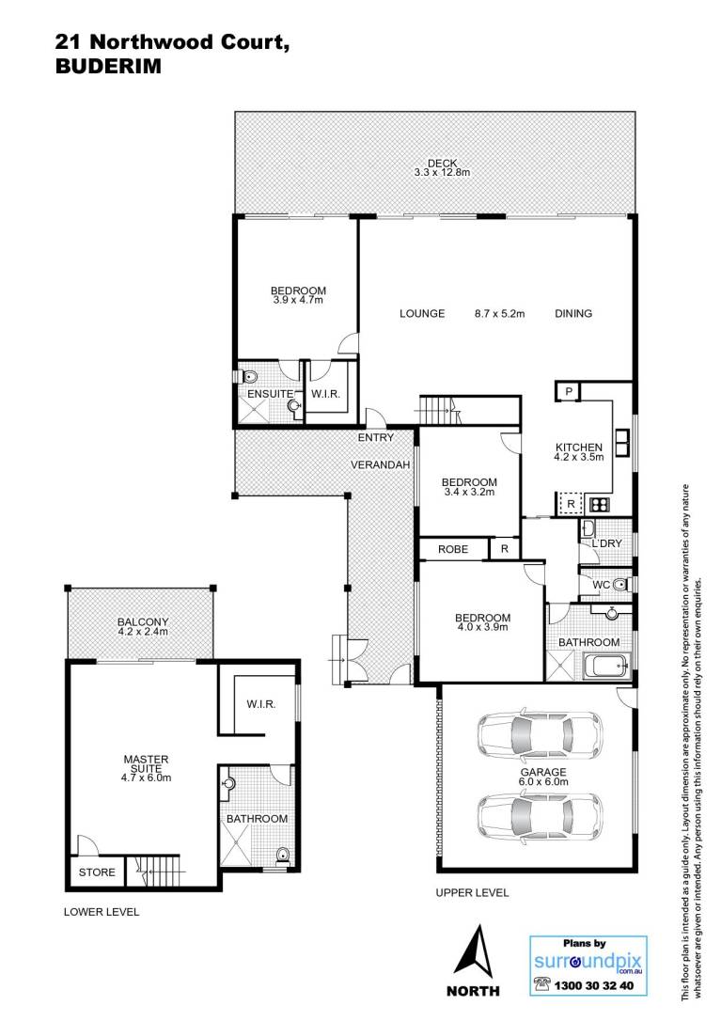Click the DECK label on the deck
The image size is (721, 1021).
[442, 163]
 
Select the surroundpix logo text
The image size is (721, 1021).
[588, 961]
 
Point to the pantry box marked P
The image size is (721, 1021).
[569, 391]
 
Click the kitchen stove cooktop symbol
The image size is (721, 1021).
[599, 504]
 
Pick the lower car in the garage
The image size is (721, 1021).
[540, 815]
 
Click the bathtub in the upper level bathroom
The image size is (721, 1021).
[605, 667]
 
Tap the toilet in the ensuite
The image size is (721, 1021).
[248, 376]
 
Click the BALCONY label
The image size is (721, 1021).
[143, 621]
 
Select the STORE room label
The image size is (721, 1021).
[97, 872]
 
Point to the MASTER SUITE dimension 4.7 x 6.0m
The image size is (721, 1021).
[147, 778]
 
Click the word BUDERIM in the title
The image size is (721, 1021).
[108, 67]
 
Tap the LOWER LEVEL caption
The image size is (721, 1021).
[102, 912]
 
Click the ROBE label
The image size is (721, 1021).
[453, 549]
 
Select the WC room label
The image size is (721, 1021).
[602, 585]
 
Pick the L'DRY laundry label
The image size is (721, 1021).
[606, 543]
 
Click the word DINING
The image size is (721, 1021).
[573, 313]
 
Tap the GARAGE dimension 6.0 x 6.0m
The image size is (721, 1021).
[544, 781]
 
